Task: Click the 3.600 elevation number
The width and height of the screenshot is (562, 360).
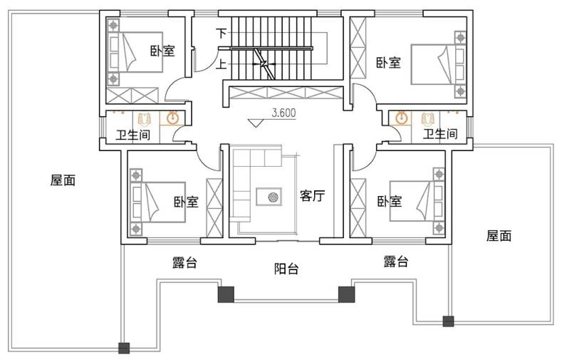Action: pos(284,113)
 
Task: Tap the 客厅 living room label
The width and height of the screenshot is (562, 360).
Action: pos(312,196)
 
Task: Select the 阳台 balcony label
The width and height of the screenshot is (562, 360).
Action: pos(286,269)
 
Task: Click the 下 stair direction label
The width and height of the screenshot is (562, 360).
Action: pos(222,34)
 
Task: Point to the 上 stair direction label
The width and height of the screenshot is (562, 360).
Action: pos(222,65)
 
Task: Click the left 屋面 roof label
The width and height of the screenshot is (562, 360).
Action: pos(63,180)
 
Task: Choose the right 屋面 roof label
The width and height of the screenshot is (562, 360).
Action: pos(499,236)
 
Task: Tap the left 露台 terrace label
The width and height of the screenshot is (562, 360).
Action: pos(184,262)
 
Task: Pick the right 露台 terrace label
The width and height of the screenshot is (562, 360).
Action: pos(396,262)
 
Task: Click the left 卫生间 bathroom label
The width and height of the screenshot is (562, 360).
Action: pos(133,135)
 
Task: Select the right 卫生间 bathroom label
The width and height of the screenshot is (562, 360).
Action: pos(440,134)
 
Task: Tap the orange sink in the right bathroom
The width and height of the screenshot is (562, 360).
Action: pos(402,118)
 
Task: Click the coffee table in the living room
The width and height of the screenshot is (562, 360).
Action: pos(269,197)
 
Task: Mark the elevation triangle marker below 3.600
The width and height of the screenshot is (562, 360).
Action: pos(256,123)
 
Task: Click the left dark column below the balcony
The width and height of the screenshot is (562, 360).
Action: pos(226,294)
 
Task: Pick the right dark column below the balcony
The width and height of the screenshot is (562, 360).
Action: pos(347,294)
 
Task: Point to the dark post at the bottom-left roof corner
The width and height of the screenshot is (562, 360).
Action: pos(124,348)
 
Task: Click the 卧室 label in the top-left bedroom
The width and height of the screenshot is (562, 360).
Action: pos(162,51)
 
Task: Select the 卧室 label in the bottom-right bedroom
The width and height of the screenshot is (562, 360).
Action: pos(390,201)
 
